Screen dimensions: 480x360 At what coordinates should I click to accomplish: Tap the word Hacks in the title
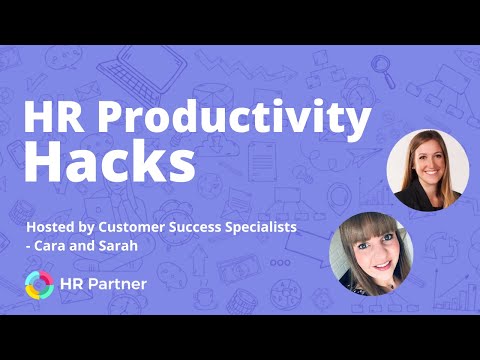coord(109,161)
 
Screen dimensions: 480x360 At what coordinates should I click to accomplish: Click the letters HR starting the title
coord(54,117)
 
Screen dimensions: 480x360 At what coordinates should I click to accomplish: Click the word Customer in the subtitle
coord(131,227)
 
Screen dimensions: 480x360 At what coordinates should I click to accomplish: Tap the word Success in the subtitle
coord(195,227)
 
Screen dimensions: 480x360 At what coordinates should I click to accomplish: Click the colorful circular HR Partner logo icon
coord(39,285)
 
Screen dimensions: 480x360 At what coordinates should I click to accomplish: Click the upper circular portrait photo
coord(428,170)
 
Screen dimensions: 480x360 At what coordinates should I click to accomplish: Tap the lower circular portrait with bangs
coord(371,254)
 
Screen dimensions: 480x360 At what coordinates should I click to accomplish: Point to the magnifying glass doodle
coord(383,71)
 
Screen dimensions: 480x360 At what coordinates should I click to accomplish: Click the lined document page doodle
coord(262,162)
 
